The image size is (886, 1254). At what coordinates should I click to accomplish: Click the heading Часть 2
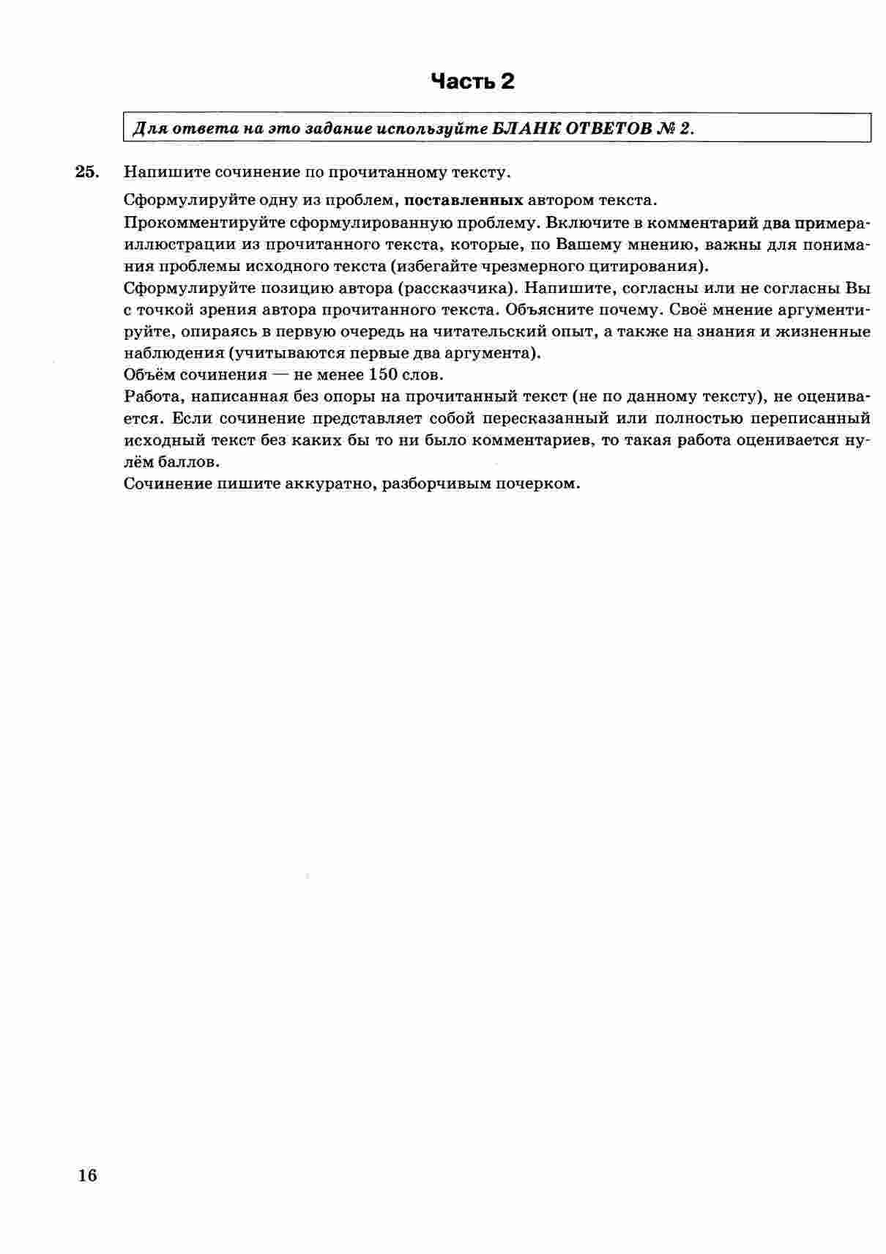tap(472, 81)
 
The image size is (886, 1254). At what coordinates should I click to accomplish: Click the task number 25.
tap(86, 172)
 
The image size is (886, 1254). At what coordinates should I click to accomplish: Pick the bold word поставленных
tap(464, 200)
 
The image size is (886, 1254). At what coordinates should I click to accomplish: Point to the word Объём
tap(144, 375)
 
